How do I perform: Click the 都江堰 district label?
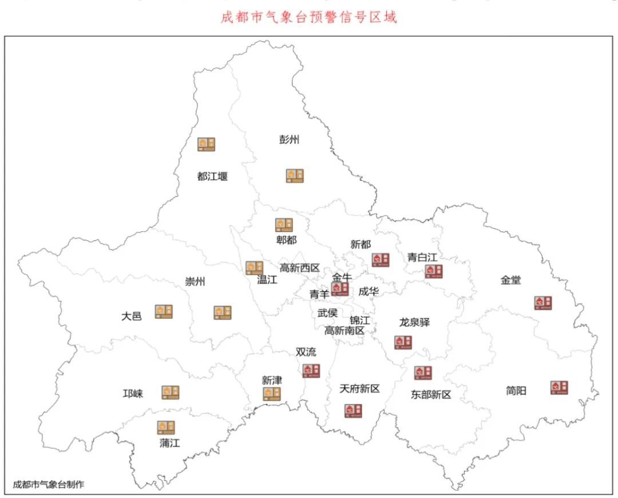click(x=212, y=176)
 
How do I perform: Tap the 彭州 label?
click(x=290, y=140)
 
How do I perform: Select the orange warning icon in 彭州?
click(x=295, y=176)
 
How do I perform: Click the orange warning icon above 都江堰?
click(x=207, y=144)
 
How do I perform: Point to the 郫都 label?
click(x=286, y=240)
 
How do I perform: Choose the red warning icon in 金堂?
click(x=543, y=303)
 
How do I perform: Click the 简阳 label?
click(x=516, y=391)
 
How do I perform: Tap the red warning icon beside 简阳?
click(x=559, y=388)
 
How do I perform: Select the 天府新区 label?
click(x=359, y=389)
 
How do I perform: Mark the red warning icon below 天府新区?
click(x=353, y=410)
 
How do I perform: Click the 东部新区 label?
click(x=431, y=394)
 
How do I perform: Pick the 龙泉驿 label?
click(x=414, y=322)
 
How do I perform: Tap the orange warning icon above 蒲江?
click(x=166, y=427)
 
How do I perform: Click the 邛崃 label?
click(x=133, y=394)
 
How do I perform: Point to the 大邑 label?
click(x=131, y=315)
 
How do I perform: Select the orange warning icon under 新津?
click(x=271, y=394)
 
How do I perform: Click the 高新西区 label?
click(x=299, y=267)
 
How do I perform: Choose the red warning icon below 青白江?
click(x=433, y=271)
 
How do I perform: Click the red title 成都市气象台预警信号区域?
click(x=309, y=17)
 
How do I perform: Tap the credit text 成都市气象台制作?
click(x=49, y=484)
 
